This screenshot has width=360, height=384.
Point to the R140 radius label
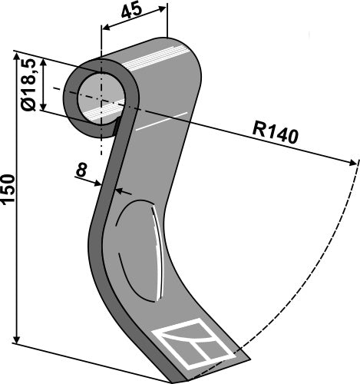[x=274, y=134]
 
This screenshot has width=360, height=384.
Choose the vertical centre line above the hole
[x=101, y=46]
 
